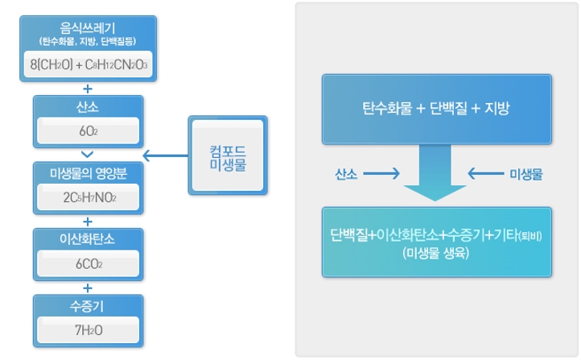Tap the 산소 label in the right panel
point(348,174)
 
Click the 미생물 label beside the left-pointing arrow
point(526,174)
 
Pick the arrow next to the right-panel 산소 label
point(385,174)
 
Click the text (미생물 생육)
point(436,252)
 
